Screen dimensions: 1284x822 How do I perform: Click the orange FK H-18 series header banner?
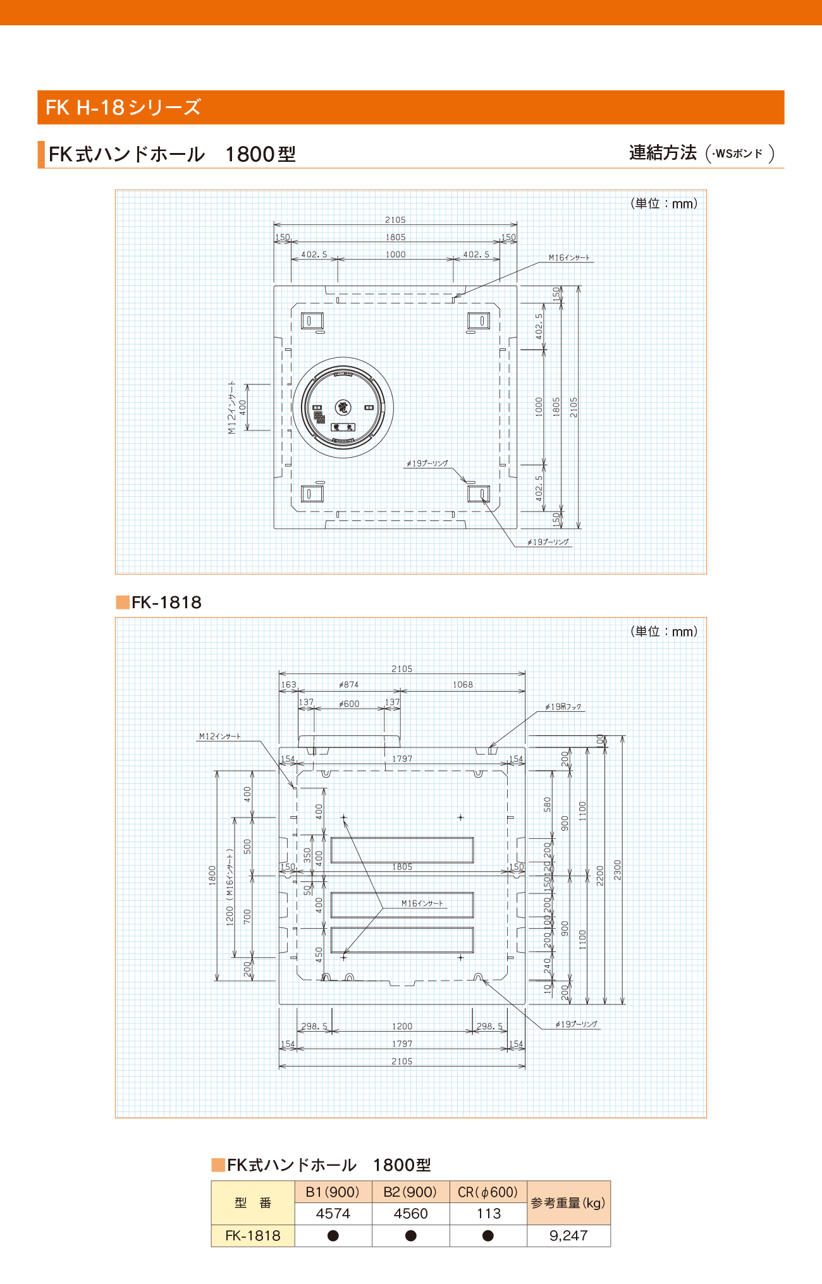[411, 107]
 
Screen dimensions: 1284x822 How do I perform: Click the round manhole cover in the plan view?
[343, 408]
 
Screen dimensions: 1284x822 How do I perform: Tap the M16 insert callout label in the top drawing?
[569, 258]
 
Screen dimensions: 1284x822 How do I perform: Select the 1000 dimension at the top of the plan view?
[396, 255]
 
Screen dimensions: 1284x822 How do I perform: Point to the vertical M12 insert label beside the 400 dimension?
[232, 407]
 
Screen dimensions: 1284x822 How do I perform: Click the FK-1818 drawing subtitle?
[166, 602]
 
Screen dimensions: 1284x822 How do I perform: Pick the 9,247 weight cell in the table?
[568, 1235]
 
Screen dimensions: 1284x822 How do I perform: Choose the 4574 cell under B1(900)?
[333, 1213]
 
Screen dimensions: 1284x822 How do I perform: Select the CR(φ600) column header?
[488, 1192]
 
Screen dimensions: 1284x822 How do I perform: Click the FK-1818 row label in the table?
[253, 1235]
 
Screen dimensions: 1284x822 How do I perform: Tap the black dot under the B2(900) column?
[411, 1235]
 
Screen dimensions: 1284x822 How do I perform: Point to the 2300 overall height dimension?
[618, 869]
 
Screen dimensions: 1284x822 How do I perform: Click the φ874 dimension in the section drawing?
[349, 685]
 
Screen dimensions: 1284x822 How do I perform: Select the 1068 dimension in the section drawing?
[463, 685]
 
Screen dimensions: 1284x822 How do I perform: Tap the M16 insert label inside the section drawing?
[422, 903]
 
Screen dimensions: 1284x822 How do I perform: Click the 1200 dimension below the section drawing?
[402, 1027]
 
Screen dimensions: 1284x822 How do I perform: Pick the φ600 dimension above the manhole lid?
[349, 704]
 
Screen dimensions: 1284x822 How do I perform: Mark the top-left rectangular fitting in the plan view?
[312, 321]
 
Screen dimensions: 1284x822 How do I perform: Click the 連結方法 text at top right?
[663, 153]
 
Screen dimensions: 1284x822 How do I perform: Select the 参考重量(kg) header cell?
[568, 1202]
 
